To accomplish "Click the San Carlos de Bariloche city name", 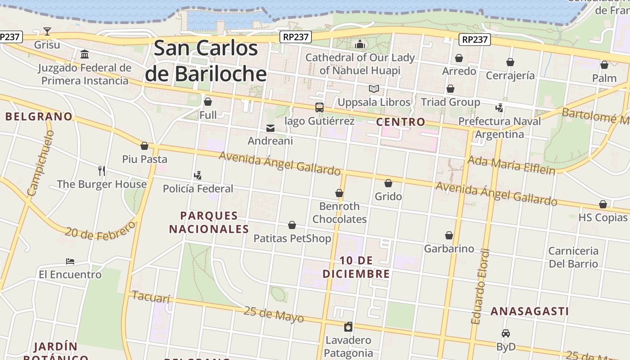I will coord(206,61).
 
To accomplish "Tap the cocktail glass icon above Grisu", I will coord(47,31).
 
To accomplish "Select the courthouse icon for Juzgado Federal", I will coord(85,54).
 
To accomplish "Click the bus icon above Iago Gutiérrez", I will coord(319,107).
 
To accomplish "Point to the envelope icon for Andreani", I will coord(270,128).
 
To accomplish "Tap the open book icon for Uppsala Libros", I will coord(374,89).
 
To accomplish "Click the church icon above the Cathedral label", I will coord(360,44).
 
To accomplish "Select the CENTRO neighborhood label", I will coord(400,121).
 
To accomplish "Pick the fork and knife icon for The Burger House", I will coord(102,171).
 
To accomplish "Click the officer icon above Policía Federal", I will coord(198,175).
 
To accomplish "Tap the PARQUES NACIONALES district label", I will coord(209,222).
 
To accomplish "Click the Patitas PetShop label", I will coord(292,238).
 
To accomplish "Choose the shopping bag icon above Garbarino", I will coord(449,235).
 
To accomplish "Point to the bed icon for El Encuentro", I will coord(70,261).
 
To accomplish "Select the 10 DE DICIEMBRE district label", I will coord(356,267).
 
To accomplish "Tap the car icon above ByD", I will coord(506,333).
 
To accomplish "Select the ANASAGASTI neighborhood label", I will coord(530,311).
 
